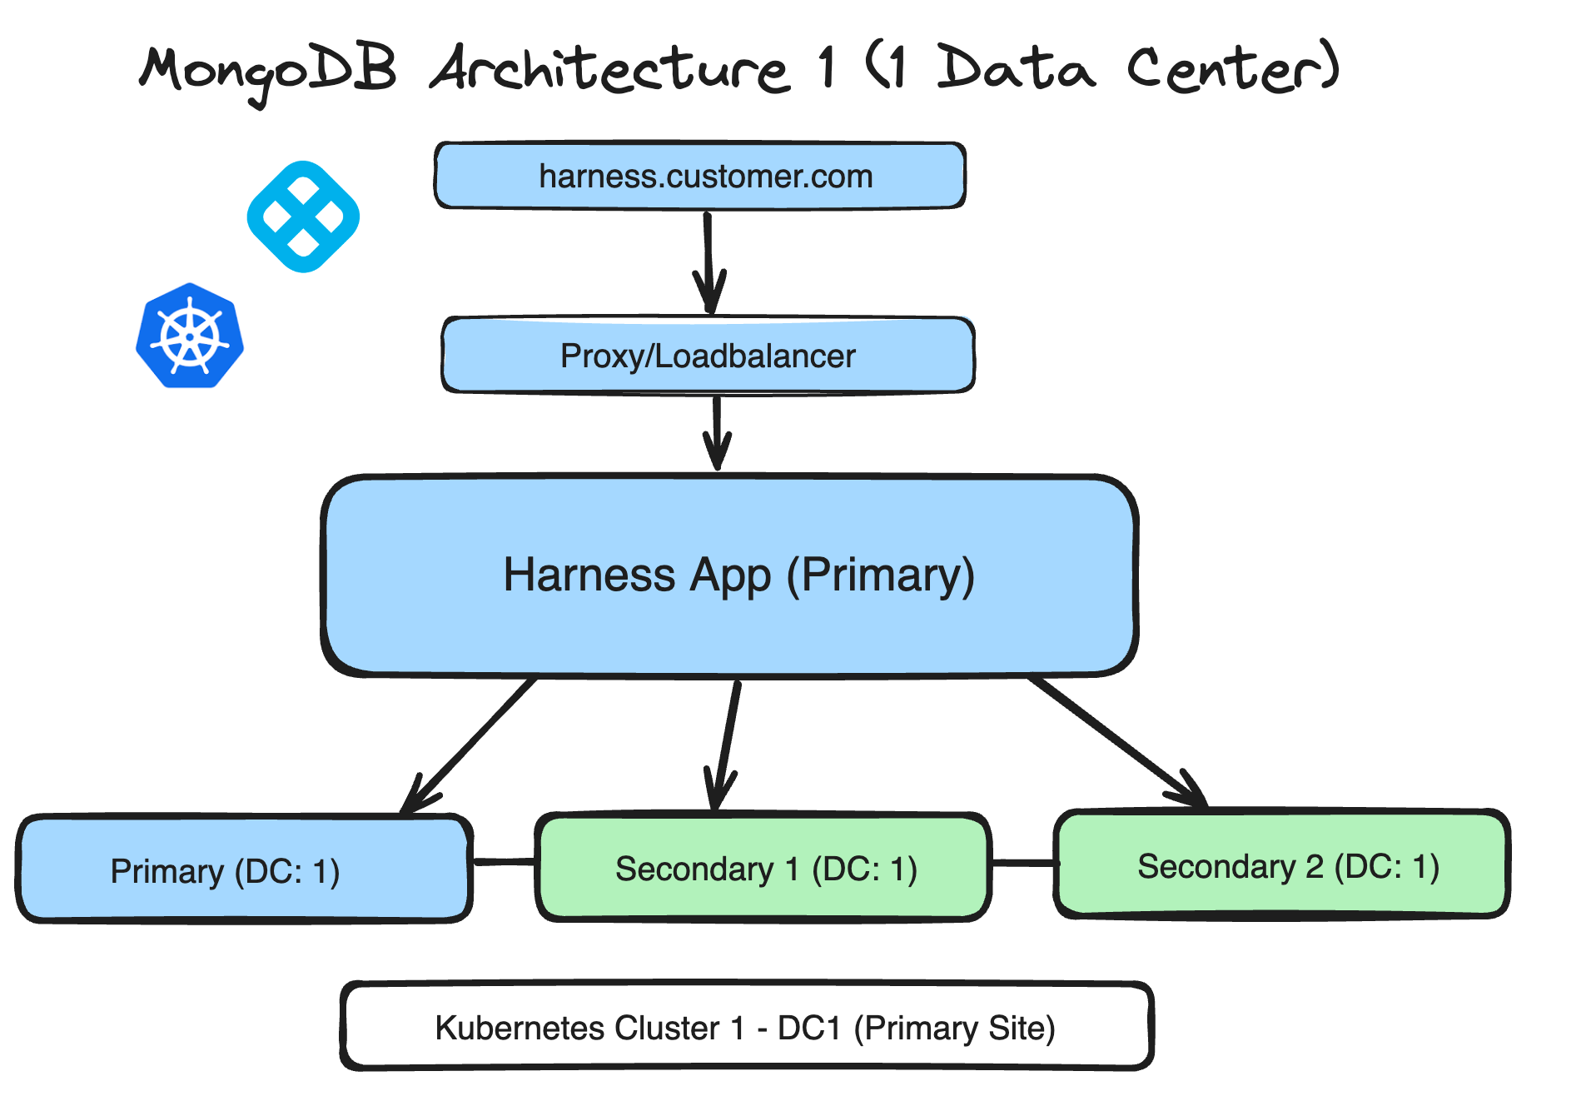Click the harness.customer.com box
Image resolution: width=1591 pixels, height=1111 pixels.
(699, 176)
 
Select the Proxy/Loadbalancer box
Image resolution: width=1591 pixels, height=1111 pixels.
(708, 356)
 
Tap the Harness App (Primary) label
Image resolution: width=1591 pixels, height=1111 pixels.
(738, 575)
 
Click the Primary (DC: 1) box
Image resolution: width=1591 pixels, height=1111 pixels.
(244, 870)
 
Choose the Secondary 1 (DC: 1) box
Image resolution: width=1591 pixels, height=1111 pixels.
(763, 868)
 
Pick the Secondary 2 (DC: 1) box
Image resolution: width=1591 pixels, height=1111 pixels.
(1282, 865)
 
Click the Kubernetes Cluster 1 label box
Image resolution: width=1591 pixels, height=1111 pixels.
(746, 1027)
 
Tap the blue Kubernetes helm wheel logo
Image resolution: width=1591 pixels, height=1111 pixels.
(190, 336)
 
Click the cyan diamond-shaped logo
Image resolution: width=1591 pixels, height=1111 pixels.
(303, 217)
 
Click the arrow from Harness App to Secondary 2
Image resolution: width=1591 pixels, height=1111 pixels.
(1116, 742)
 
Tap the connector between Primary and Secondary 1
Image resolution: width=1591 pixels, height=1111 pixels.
(505, 862)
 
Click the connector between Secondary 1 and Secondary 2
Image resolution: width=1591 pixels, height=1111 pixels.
(1023, 863)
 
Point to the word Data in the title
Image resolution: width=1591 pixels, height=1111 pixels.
(1016, 68)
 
